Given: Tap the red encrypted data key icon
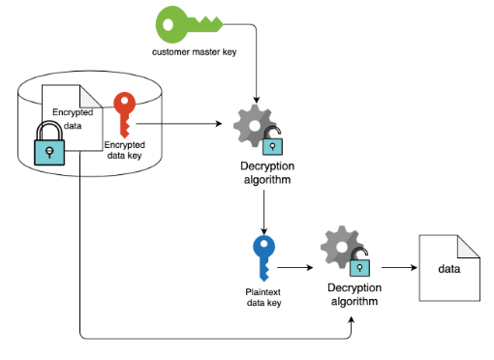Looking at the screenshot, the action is click(124, 113).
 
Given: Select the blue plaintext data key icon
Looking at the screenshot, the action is click(263, 257).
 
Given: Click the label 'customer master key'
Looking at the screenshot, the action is click(194, 52).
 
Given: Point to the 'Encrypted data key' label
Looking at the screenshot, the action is click(125, 150).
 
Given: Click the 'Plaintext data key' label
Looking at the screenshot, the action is click(263, 297).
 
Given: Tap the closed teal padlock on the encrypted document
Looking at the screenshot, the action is click(49, 143).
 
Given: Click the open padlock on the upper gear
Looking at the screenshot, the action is click(273, 141).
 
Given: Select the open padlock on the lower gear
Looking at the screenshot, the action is click(360, 262).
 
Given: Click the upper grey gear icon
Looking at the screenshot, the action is click(254, 126).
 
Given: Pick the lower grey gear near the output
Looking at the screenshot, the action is click(341, 247).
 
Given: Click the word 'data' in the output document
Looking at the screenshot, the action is click(449, 269).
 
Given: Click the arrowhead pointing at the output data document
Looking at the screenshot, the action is click(414, 267).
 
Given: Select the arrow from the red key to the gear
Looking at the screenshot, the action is click(179, 124).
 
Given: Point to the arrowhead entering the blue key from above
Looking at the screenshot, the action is click(263, 231).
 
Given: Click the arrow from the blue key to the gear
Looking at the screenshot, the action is click(295, 267).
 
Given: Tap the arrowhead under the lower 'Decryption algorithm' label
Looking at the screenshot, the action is click(352, 320).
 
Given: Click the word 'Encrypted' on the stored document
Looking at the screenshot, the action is click(73, 112).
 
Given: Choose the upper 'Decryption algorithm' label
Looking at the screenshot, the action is click(267, 173).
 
